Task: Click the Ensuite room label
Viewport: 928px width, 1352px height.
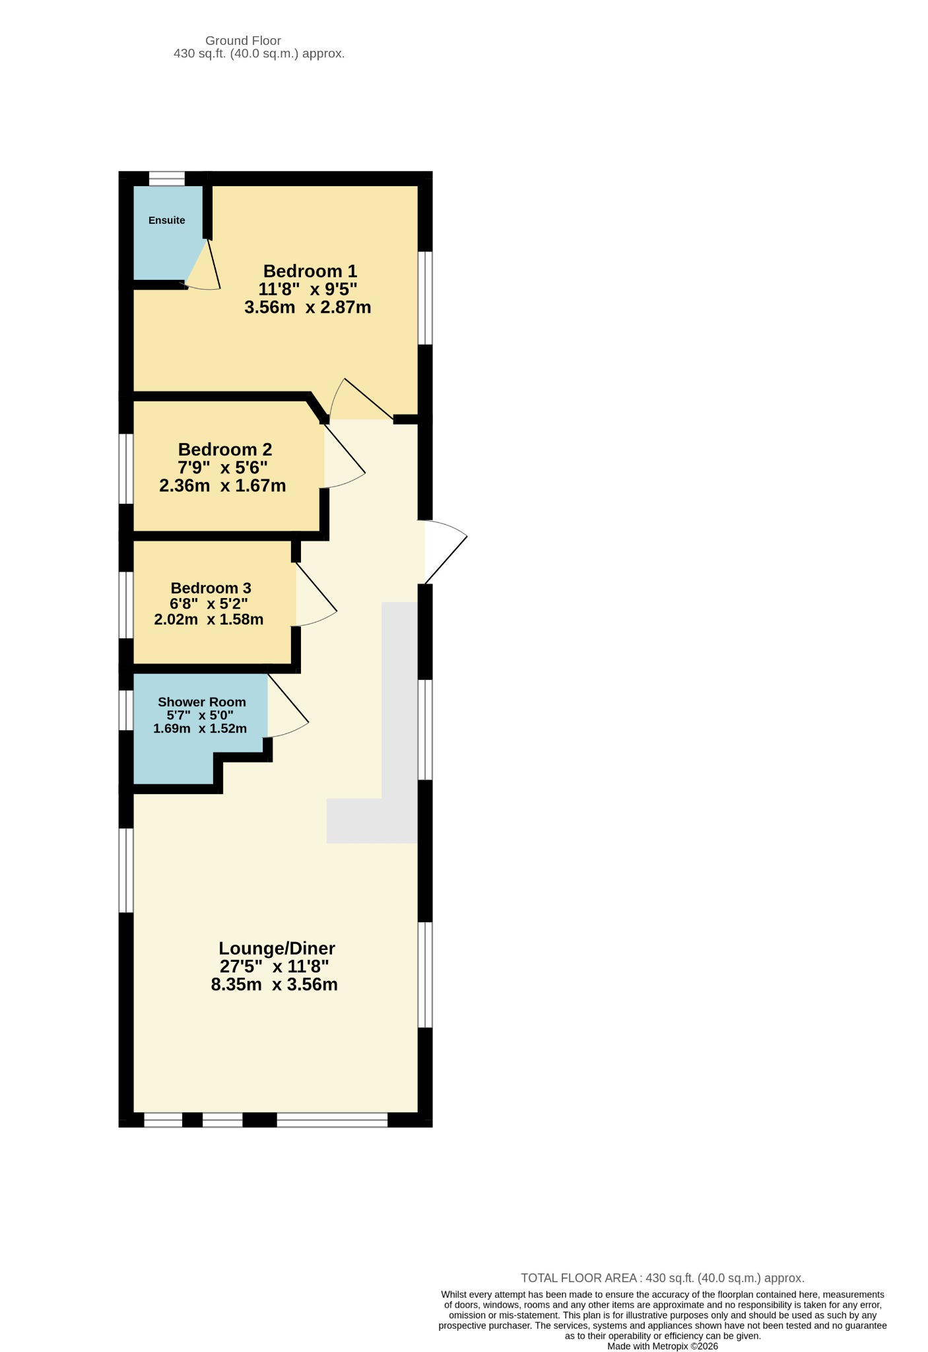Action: click(166, 220)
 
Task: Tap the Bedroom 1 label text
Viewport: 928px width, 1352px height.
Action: click(310, 271)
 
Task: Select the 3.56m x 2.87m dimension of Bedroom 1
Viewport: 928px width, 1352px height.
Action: click(308, 307)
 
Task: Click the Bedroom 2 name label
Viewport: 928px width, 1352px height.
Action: click(225, 450)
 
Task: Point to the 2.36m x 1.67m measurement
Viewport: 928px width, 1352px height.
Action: click(222, 486)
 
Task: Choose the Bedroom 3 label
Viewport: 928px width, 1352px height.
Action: click(211, 588)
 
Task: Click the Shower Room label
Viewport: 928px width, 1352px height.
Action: click(202, 702)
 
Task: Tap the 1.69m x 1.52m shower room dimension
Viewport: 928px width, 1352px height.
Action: click(200, 729)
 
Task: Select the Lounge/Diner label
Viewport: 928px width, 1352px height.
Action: click(277, 949)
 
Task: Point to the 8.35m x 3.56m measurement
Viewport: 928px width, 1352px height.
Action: click(275, 985)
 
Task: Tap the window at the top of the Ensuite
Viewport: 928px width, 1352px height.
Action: click(166, 178)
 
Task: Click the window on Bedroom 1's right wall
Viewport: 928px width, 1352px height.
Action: click(426, 298)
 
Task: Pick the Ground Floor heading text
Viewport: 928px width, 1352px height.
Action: click(243, 41)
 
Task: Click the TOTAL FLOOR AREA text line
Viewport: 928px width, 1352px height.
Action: click(663, 1278)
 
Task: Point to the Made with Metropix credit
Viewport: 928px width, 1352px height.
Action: click(663, 1346)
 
